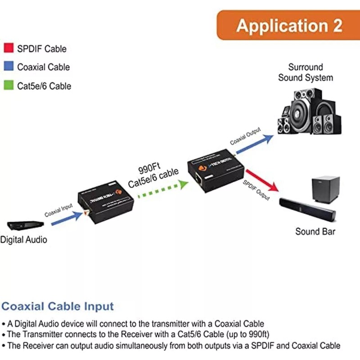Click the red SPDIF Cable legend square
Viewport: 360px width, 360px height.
coord(8,49)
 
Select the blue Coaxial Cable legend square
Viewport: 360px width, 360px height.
coord(8,67)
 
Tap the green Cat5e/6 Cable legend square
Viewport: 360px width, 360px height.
coord(8,85)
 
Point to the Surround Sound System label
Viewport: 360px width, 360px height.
coord(306,72)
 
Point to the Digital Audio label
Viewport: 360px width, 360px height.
coord(23,240)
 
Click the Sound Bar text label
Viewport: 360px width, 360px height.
coord(315,232)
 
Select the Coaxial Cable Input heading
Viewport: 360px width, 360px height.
coord(58,307)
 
